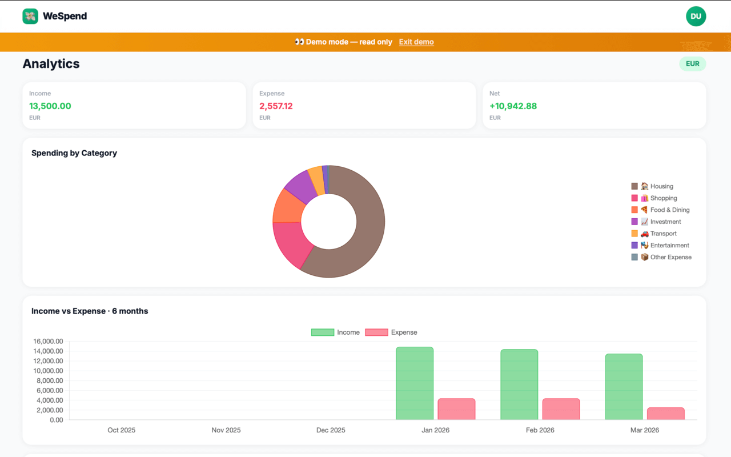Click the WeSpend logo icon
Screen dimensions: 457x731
click(x=30, y=17)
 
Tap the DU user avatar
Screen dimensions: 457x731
click(x=696, y=17)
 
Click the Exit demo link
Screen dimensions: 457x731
click(x=416, y=42)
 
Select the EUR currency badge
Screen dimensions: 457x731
click(x=692, y=64)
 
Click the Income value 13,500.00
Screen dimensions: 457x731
click(x=50, y=106)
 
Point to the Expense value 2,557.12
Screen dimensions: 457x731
click(x=276, y=106)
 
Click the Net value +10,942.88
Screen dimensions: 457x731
click(x=513, y=106)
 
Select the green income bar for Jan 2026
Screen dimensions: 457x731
click(x=415, y=383)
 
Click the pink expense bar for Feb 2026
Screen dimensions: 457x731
click(x=561, y=409)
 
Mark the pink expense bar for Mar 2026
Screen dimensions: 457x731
click(x=665, y=414)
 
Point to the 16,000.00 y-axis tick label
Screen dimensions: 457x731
click(x=49, y=342)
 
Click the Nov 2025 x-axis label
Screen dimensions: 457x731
click(x=226, y=430)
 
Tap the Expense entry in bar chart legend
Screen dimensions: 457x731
click(x=392, y=332)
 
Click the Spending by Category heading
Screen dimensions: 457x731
click(x=74, y=153)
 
